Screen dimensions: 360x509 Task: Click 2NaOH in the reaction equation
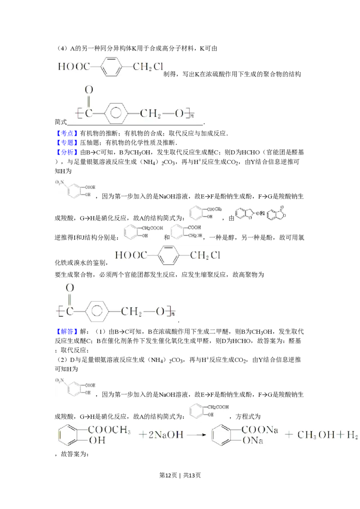click(x=164, y=435)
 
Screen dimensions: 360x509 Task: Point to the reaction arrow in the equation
click(x=195, y=435)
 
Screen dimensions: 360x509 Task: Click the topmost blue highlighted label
click(x=67, y=134)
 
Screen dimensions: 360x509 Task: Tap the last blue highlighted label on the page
click(x=67, y=331)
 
